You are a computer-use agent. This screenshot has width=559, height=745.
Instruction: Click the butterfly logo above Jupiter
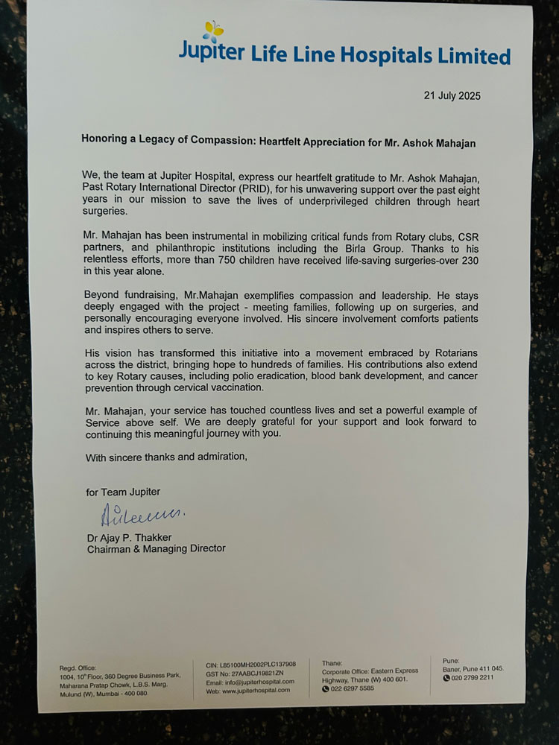(213, 31)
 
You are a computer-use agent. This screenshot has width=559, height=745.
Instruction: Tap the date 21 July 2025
(452, 95)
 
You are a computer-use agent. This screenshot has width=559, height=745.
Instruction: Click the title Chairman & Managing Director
(156, 548)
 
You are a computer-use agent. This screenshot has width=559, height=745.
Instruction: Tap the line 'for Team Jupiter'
(122, 492)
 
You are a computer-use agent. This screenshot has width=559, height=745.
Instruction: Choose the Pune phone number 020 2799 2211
(473, 677)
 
